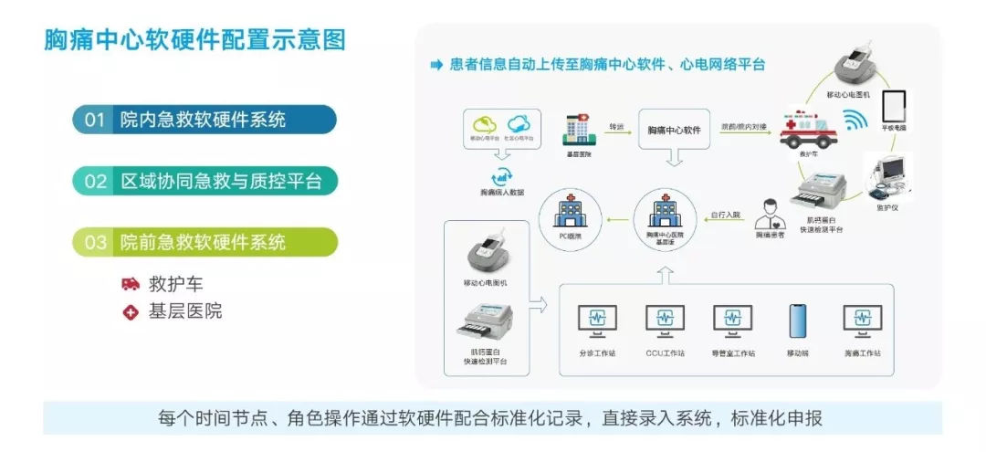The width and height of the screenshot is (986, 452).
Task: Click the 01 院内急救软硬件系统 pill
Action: [205, 120]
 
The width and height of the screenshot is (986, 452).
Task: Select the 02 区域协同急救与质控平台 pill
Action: [205, 181]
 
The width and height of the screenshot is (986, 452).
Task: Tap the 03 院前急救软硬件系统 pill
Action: [205, 242]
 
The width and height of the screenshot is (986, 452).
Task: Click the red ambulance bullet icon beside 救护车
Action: [131, 284]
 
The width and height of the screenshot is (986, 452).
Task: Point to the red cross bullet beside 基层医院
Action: [131, 312]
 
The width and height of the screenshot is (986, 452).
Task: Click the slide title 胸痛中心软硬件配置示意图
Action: [194, 41]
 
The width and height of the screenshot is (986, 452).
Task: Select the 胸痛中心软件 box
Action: [674, 130]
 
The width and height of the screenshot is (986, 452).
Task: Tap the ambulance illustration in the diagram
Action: [807, 131]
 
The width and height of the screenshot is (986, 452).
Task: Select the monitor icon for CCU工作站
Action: [665, 321]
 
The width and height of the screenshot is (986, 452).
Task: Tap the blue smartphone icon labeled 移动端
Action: [797, 321]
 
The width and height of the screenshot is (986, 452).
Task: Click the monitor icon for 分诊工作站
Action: [597, 321]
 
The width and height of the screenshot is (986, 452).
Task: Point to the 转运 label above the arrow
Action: [616, 127]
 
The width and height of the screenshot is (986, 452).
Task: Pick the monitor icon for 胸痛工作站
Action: [862, 321]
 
